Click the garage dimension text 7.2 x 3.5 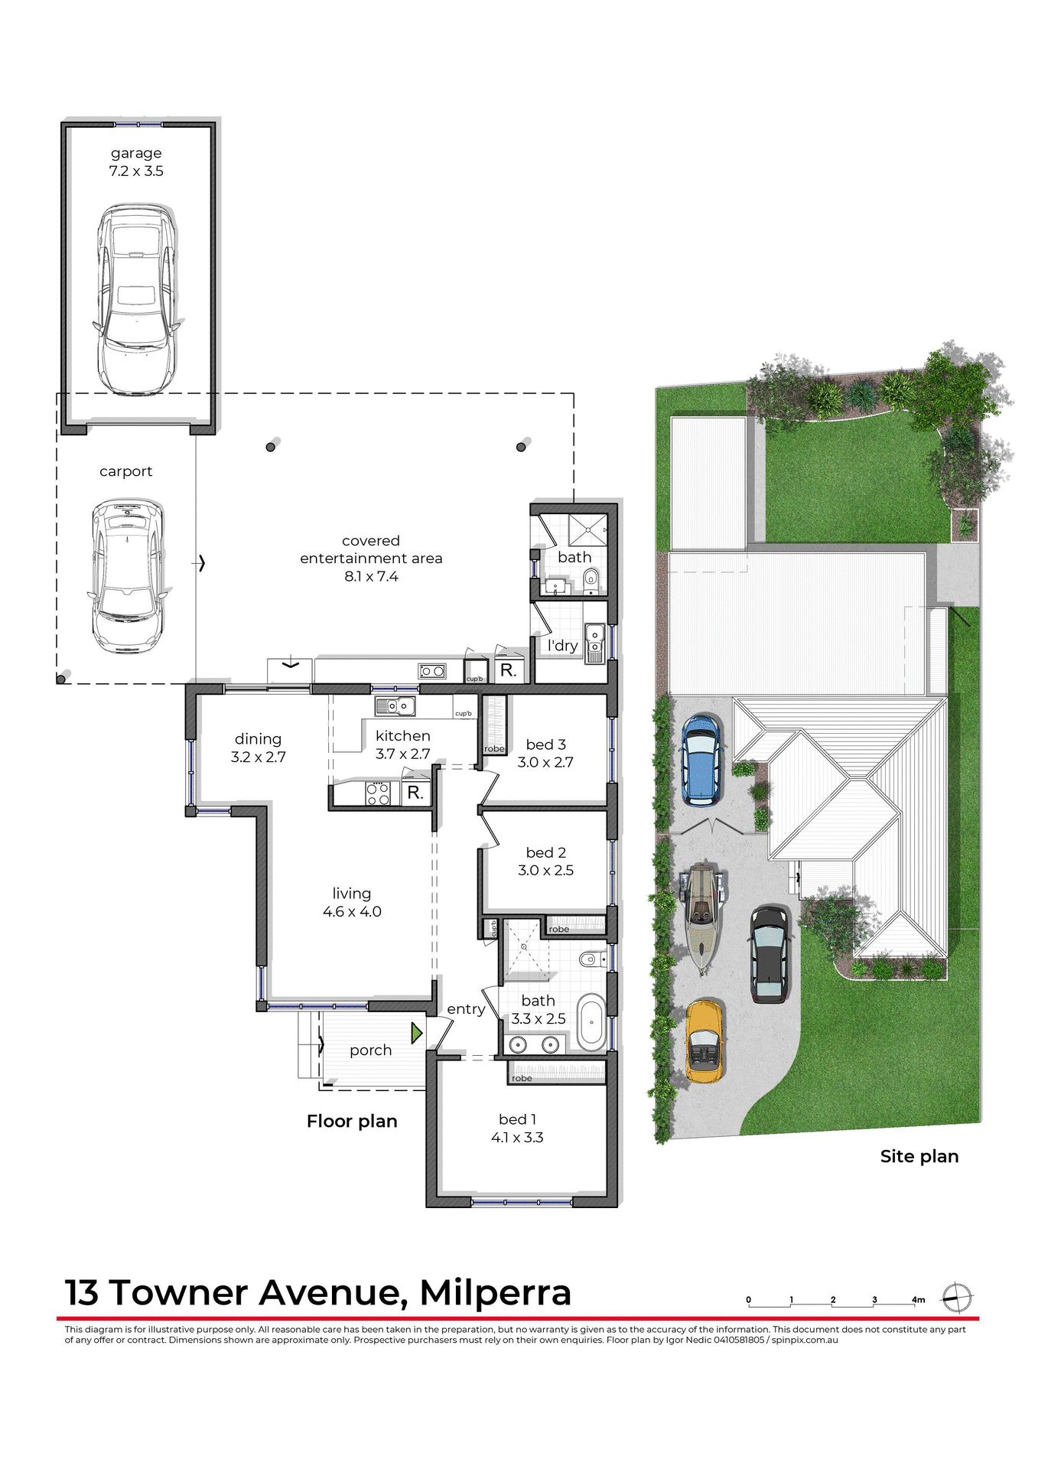(136, 171)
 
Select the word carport (125, 471)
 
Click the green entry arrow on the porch (416, 1034)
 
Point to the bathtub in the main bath (591, 1022)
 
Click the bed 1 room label (517, 1119)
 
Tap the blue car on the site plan (701, 760)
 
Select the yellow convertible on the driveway (704, 1041)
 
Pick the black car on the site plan (769, 954)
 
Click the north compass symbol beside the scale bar (957, 1298)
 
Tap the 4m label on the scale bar (918, 1299)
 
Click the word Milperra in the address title (495, 1292)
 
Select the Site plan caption (919, 1156)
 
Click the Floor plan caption (352, 1121)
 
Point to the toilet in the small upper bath (591, 581)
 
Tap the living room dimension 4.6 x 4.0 (352, 911)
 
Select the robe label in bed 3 (494, 749)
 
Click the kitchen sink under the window (395, 705)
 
